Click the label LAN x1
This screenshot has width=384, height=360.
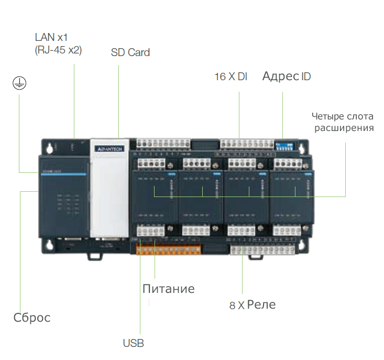click(51, 37)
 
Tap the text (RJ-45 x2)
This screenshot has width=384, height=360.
click(58, 50)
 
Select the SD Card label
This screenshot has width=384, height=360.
click(130, 52)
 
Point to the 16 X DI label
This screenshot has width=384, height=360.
click(231, 77)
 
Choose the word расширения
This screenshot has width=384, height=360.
click(344, 128)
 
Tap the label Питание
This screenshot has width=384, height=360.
click(168, 289)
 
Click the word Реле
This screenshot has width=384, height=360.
click(261, 304)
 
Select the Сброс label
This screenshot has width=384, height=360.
click(32, 318)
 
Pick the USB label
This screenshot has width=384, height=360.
click(133, 344)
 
